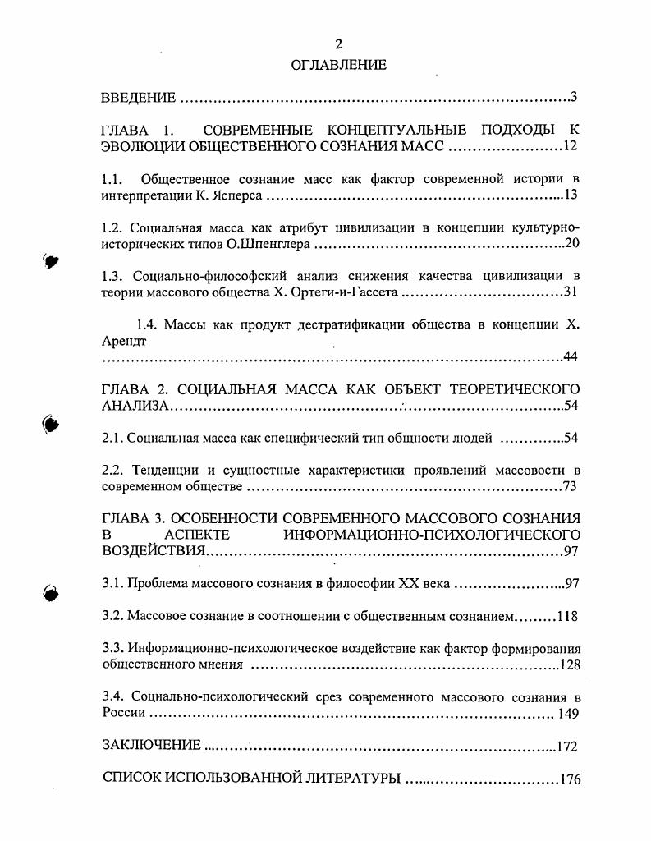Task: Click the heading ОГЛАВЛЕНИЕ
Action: point(338,64)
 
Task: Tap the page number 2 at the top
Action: point(338,44)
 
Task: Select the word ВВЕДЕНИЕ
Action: point(138,99)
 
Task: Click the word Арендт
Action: point(123,342)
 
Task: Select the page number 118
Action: point(568,616)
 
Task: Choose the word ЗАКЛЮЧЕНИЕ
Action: point(151,746)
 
